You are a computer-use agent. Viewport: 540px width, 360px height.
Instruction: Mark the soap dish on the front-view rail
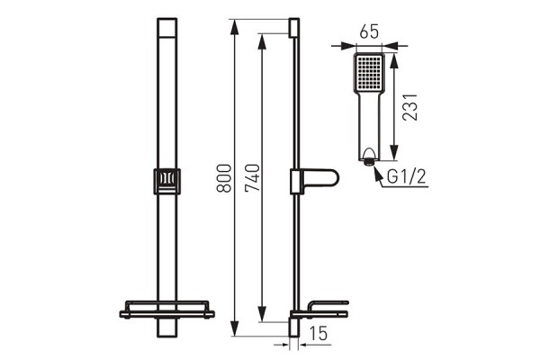[166, 311]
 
